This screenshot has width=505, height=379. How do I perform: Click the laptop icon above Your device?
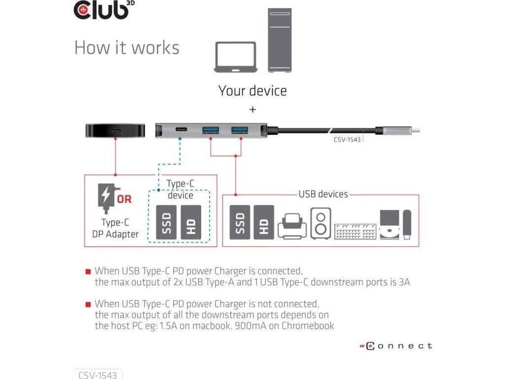235,57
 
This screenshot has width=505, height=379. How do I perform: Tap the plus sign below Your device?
252,110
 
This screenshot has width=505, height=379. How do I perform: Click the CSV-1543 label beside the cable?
347,140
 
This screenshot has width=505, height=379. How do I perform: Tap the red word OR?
124,199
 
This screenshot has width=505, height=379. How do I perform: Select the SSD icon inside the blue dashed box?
166,223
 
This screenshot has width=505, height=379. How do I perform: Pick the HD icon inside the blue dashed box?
191,223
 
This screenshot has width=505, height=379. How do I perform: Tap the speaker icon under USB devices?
321,224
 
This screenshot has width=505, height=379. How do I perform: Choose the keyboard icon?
355,231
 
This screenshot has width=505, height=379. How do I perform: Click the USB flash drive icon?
407,225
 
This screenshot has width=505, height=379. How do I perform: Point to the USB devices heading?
323,194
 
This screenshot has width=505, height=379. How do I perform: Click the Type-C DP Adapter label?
115,228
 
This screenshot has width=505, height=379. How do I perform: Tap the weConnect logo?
396,346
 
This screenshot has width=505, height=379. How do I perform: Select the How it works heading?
127,48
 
